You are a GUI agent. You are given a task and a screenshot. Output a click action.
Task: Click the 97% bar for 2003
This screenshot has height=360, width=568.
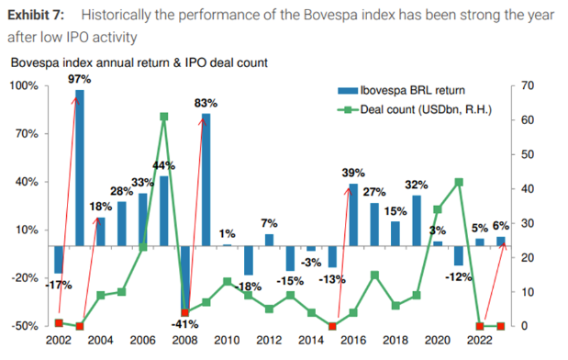[x=80, y=168]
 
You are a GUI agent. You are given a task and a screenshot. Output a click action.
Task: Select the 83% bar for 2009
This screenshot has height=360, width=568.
[x=206, y=180]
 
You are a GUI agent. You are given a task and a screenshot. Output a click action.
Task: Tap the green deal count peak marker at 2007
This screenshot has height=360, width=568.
[x=163, y=117]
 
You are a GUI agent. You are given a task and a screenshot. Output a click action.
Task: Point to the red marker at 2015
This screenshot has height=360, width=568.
[x=332, y=326]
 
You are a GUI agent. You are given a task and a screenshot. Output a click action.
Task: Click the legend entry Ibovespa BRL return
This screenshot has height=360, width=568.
[x=401, y=90]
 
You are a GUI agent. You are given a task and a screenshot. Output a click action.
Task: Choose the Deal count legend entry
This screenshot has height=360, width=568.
[x=415, y=109]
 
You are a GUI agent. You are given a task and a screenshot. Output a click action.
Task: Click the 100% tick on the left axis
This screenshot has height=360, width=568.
[x=24, y=86]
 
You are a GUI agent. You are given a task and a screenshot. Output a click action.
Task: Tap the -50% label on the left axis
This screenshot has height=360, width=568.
[x=25, y=326]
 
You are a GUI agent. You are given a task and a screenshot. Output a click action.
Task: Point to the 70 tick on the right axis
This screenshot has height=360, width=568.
[x=528, y=86]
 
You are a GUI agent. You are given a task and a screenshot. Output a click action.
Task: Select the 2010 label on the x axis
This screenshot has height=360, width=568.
[x=227, y=341]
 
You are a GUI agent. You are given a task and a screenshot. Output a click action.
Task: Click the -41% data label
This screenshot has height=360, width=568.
[x=184, y=324]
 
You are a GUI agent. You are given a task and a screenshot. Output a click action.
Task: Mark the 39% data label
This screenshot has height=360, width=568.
[x=353, y=173]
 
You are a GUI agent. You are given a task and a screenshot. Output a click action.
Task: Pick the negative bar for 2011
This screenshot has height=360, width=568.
[x=249, y=261]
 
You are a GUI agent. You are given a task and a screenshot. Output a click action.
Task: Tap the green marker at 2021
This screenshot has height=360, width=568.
[x=459, y=182]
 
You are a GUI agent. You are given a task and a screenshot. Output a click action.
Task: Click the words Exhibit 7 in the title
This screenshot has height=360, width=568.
[x=36, y=15]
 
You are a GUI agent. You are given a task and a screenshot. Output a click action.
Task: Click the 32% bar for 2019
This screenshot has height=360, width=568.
[x=417, y=220]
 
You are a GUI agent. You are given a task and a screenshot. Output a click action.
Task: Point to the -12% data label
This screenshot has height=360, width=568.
[x=459, y=277]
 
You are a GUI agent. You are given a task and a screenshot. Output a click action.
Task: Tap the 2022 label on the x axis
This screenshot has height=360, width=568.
[x=480, y=341]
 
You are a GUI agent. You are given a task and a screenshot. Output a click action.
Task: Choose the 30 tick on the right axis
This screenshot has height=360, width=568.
[x=528, y=223]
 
